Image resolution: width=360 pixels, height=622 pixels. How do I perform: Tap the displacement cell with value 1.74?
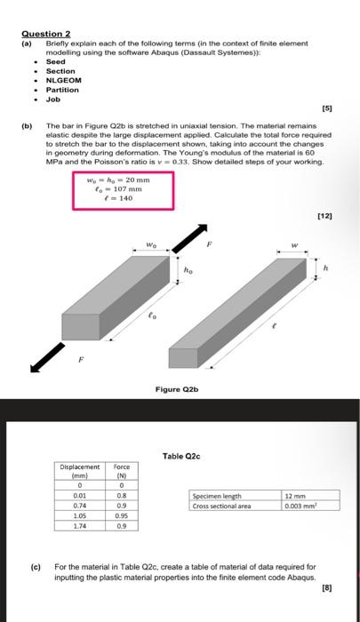pos(80,525)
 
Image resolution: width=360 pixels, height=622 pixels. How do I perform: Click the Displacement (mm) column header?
pos(81,471)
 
